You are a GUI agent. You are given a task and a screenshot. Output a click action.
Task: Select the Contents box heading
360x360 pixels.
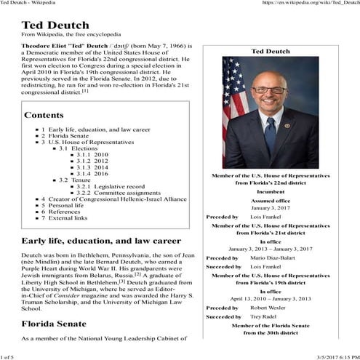pyautogui.click(x=48, y=115)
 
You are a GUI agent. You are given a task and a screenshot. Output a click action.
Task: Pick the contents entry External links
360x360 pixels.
pyautogui.click(x=67, y=217)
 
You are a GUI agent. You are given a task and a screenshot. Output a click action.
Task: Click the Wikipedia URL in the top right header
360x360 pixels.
pyautogui.click(x=307, y=4)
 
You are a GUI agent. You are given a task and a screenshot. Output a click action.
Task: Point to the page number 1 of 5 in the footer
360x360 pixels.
pyautogui.click(x=9, y=355)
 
